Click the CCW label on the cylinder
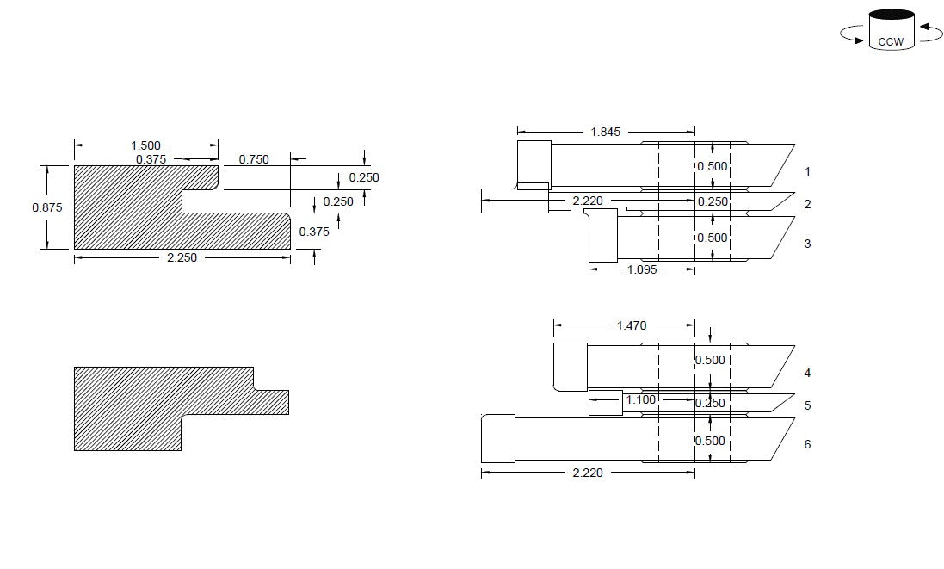pos(891,41)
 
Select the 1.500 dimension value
pos(145,145)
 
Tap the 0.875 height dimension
pos(47,207)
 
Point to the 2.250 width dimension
pos(182,257)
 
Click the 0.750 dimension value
pos(254,159)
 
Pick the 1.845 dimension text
pos(606,132)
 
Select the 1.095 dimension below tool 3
pos(642,269)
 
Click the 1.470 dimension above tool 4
pos(632,325)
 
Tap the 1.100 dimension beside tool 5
pos(640,399)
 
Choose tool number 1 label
pos(807,171)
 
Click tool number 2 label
pos(807,204)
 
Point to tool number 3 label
pos(807,244)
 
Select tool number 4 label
pos(807,374)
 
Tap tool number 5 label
pos(807,405)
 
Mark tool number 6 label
pos(807,444)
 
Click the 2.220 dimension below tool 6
pos(588,473)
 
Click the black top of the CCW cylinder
pos(892,15)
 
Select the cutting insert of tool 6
pos(498,438)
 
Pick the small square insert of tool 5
pos(606,403)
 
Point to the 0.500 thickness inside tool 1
pos(713,166)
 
